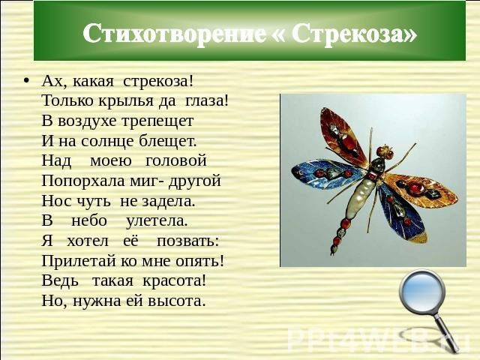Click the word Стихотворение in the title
(x=174, y=33)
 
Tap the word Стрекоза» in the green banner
(x=354, y=33)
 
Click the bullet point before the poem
(x=27, y=82)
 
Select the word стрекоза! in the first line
(x=158, y=82)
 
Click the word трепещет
(x=157, y=121)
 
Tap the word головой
(x=176, y=160)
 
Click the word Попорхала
(x=83, y=181)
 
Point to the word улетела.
(x=157, y=221)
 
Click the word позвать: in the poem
(x=188, y=241)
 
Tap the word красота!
(x=175, y=281)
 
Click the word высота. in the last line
(x=176, y=301)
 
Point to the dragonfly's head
(x=385, y=151)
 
